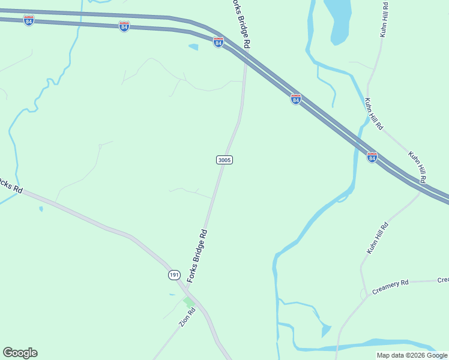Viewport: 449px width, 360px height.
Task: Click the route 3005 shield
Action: tap(224, 160)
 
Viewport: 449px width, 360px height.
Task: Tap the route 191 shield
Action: tap(173, 275)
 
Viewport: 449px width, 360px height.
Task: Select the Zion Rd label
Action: tap(187, 316)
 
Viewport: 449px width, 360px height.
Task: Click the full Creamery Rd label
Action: tap(390, 284)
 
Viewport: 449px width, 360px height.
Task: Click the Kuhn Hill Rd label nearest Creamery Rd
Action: tap(378, 238)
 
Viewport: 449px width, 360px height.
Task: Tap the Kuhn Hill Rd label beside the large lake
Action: tap(384, 20)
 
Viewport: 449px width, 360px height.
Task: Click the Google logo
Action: tap(20, 353)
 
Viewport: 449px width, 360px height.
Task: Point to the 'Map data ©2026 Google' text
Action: tap(412, 355)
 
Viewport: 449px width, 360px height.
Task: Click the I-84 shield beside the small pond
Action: tap(218, 43)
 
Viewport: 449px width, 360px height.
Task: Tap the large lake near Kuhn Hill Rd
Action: tap(337, 18)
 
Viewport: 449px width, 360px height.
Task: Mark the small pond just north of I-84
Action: tap(193, 46)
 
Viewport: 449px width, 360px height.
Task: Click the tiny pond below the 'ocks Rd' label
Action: tap(40, 209)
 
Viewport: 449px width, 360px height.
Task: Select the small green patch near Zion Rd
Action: tap(188, 302)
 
